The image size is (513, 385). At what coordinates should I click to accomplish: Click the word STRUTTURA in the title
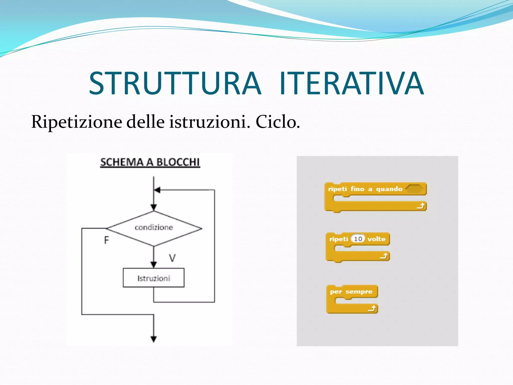[175, 83]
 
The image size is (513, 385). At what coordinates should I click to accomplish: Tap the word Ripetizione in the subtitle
[76, 122]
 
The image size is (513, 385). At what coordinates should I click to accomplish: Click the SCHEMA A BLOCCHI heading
[150, 162]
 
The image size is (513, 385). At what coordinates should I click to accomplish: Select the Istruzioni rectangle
[154, 278]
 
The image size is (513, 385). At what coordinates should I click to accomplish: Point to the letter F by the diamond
[106, 240]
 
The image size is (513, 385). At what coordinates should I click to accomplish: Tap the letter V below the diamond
[172, 258]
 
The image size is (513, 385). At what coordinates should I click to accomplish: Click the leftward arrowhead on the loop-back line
[157, 190]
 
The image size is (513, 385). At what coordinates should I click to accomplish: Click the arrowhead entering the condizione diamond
[154, 208]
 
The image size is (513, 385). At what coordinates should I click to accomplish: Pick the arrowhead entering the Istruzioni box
[154, 265]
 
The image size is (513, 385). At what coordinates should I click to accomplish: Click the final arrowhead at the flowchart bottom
[154, 339]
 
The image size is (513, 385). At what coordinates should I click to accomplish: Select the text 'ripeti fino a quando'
[365, 189]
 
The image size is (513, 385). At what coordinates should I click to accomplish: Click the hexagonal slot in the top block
[414, 189]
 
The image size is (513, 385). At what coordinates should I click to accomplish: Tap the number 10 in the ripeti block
[358, 239]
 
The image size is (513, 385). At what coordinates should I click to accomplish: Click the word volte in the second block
[376, 239]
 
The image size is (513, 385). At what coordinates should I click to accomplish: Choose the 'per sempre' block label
[351, 292]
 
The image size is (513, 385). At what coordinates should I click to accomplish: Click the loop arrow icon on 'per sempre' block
[372, 309]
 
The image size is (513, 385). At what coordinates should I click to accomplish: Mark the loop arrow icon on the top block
[421, 206]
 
